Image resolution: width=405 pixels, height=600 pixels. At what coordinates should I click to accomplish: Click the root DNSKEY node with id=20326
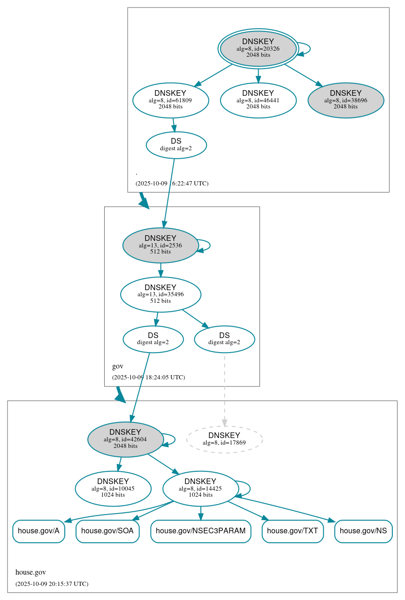[x=258, y=48]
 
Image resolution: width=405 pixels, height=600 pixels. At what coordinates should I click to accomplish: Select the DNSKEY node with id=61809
[x=170, y=100]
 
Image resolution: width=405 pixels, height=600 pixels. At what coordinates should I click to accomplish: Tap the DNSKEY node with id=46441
[x=258, y=100]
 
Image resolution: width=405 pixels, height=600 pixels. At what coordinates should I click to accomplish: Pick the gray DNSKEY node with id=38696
[x=345, y=100]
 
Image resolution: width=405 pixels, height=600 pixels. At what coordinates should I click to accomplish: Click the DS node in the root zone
[x=176, y=145]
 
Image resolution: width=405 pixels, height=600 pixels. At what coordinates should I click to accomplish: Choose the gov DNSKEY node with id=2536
[x=160, y=245]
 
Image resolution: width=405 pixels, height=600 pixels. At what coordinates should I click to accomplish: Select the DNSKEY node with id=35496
[x=160, y=294]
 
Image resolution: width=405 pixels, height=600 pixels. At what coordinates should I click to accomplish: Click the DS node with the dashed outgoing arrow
[x=224, y=339]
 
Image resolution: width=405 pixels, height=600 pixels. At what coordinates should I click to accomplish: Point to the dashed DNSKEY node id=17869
[x=224, y=439]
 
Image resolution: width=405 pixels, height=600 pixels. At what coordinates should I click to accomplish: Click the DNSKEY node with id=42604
[x=125, y=439]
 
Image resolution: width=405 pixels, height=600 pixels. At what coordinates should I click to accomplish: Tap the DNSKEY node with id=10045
[x=113, y=488]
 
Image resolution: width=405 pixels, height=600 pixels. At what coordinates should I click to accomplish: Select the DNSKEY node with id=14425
[x=200, y=488]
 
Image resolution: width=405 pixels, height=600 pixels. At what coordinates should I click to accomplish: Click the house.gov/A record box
[x=38, y=531]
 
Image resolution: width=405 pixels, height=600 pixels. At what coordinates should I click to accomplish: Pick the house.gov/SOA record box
[x=107, y=531]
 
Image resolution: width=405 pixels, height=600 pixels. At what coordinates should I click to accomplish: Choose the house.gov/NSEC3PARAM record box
[x=201, y=531]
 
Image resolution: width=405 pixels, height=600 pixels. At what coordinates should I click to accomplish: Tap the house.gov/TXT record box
[x=293, y=531]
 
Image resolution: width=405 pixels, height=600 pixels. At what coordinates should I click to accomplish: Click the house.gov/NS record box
[x=363, y=531]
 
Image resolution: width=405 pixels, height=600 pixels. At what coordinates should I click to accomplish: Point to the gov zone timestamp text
[x=148, y=377]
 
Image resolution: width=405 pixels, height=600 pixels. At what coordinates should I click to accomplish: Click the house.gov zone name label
[x=31, y=572]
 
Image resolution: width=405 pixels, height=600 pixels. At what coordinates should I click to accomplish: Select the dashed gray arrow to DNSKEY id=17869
[x=224, y=390]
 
